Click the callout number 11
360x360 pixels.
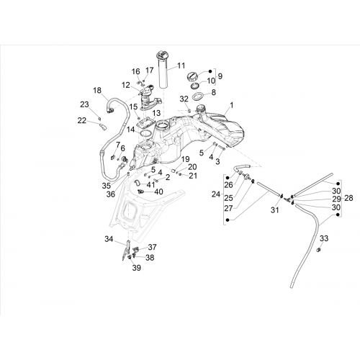coord(181,66)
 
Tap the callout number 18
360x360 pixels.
coord(97,91)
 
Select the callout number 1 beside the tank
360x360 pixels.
coord(231,105)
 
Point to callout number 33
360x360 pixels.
coord(324,238)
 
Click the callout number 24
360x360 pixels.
coord(216,194)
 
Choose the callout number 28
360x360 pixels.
coord(348,198)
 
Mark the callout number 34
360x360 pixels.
coord(109,239)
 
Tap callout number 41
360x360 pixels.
coord(150,184)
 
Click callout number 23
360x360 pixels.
coord(84,104)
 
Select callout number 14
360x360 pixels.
coord(131,130)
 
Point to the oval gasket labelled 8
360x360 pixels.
coord(198,97)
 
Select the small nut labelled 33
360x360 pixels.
coord(319,250)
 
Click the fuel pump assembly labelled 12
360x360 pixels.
coord(149,98)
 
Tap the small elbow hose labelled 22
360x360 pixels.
coord(102,126)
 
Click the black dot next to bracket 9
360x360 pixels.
coord(210,71)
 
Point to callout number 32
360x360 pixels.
coord(184,99)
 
